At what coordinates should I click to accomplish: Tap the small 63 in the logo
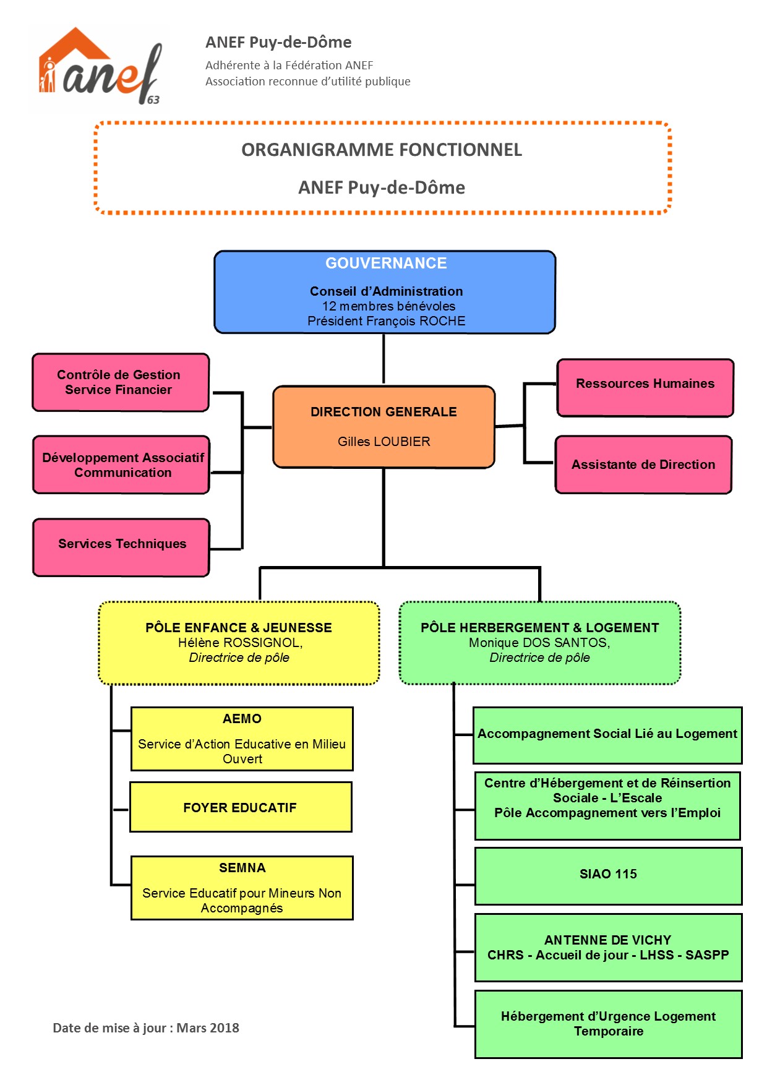(153, 100)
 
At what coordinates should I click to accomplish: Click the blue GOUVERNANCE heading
(386, 264)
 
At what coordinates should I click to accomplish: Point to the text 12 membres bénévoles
(388, 306)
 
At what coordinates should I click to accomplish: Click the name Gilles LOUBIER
(383, 442)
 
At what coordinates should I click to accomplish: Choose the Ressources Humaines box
(645, 387)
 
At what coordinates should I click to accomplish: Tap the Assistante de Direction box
(643, 465)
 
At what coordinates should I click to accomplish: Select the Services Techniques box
(122, 547)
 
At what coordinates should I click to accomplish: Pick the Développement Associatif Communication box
(122, 465)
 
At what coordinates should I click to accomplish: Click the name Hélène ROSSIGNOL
(239, 643)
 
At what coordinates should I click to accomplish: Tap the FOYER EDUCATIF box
(240, 807)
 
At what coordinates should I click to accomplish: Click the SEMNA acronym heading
(242, 868)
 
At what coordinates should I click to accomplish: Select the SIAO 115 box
(607, 875)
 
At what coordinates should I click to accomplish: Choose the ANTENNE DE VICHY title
(607, 940)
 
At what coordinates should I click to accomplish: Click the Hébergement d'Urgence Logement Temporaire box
(607, 1024)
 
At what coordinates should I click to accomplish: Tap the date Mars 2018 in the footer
(208, 1028)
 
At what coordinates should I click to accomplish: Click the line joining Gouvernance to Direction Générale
(383, 359)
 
